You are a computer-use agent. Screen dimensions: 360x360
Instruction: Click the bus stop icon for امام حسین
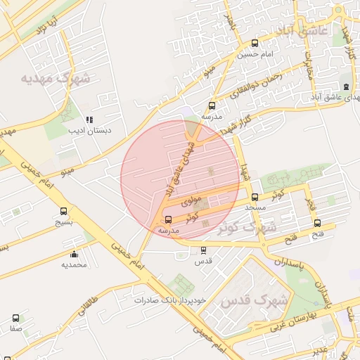tap(255, 43)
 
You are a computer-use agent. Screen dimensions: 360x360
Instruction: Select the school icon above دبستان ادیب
tap(89, 120)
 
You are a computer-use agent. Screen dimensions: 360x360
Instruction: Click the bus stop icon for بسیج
tap(64, 211)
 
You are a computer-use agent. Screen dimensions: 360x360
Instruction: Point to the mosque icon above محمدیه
tap(74, 254)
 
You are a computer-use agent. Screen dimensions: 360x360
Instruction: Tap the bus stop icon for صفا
tap(15, 318)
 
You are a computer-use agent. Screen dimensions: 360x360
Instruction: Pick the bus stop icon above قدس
tap(204, 250)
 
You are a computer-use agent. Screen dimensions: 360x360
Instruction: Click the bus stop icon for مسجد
tap(255, 198)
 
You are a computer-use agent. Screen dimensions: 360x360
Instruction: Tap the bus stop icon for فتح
tap(317, 224)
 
